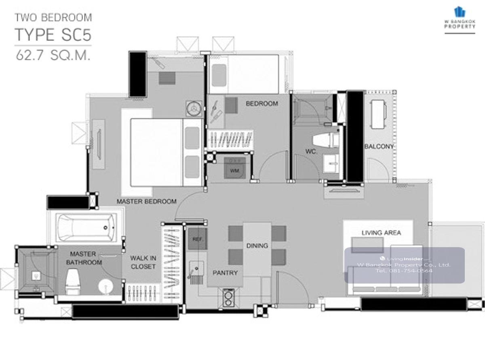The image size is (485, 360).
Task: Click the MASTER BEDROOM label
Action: pos(146,201)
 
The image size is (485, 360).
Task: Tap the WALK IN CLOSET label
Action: pos(143,262)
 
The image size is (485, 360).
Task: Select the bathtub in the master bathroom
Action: pos(86,228)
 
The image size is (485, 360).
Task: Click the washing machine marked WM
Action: pos(235,168)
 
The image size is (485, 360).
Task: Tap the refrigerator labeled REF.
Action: pos(198,239)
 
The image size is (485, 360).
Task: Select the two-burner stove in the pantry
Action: pos(228,298)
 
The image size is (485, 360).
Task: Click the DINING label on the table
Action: pos(257,246)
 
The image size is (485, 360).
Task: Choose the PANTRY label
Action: pos(225,273)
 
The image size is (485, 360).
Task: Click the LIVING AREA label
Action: pos(381,233)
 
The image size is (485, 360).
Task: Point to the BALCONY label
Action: pos(379,146)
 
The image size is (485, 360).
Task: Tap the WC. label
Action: pos(311,151)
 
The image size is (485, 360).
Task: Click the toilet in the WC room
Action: pos(326,140)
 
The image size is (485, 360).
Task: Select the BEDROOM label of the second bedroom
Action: pos(262,103)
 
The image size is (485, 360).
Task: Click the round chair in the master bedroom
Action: pos(194,108)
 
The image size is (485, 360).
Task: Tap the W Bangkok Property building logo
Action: pos(460,12)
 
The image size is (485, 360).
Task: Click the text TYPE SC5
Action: pos(53,35)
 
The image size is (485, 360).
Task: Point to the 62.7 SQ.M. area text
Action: pos(53,55)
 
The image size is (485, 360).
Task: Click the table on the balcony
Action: pos(378,114)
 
